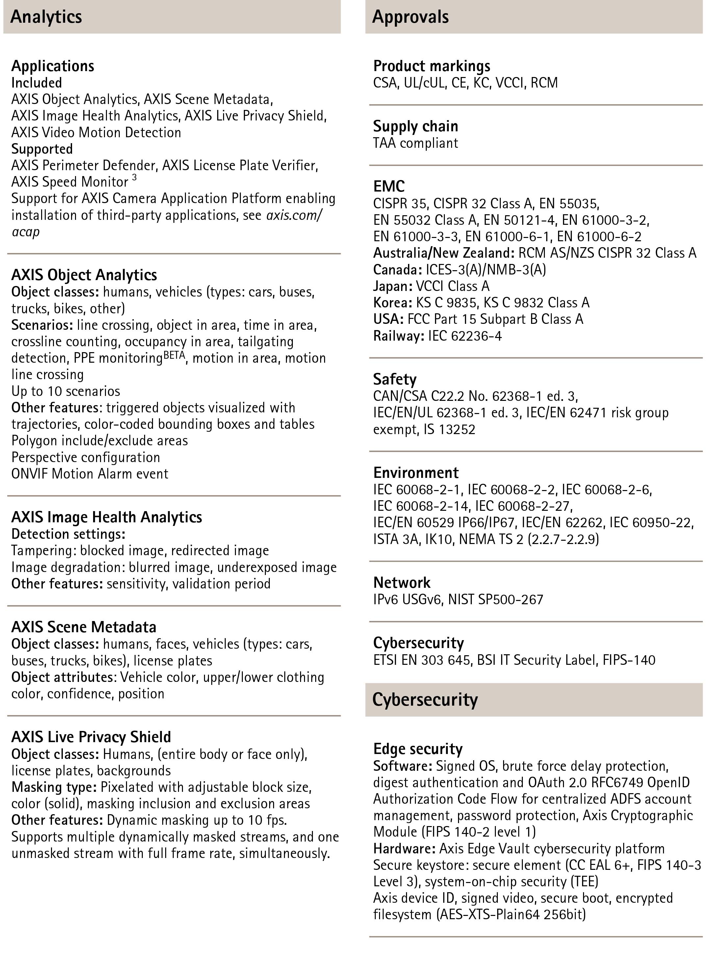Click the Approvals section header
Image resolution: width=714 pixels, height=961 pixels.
pyautogui.click(x=410, y=17)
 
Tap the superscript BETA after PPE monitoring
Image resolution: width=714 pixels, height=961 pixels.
pyautogui.click(x=174, y=354)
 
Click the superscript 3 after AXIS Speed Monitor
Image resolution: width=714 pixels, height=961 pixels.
pyautogui.click(x=135, y=178)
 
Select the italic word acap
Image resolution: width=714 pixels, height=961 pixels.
pyautogui.click(x=26, y=232)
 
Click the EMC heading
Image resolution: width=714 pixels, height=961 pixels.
pyautogui.click(x=389, y=186)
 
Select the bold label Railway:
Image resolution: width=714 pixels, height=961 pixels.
pyautogui.click(x=398, y=336)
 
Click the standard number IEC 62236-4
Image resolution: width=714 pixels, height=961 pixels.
pyautogui.click(x=465, y=336)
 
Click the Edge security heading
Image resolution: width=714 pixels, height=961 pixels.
pyautogui.click(x=418, y=748)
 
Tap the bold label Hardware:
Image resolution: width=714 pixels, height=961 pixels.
pyautogui.click(x=404, y=848)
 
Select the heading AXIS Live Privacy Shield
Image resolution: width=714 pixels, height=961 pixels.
pyautogui.click(x=91, y=737)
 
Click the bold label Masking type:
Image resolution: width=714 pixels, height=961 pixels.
pyautogui.click(x=54, y=787)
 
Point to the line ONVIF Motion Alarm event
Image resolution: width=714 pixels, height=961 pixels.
pyautogui.click(x=89, y=474)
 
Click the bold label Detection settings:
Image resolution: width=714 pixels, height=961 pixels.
pyautogui.click(x=68, y=534)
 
